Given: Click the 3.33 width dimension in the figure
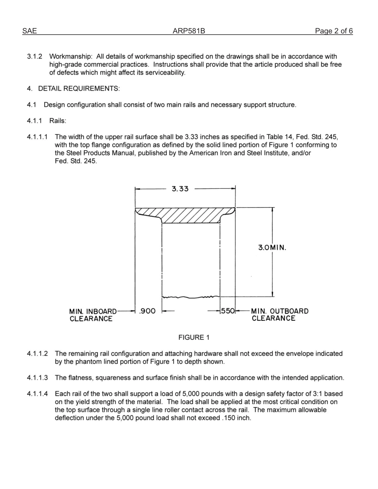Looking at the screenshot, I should [180, 189].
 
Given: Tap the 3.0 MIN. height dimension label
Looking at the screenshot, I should [272, 247].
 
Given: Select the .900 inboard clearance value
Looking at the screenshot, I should [147, 311].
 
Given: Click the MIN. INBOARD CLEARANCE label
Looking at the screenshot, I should [93, 315].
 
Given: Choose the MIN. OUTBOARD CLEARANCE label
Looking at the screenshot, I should [279, 315].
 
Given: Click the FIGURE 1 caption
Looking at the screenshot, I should [194, 338].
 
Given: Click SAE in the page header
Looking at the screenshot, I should [29, 31].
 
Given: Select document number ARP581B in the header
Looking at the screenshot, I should [189, 31].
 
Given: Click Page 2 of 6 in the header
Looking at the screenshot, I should [333, 31].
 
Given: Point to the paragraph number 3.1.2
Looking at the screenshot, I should [35, 56].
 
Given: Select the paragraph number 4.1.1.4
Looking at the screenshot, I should [37, 394].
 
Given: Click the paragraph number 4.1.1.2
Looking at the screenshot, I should [37, 353].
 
